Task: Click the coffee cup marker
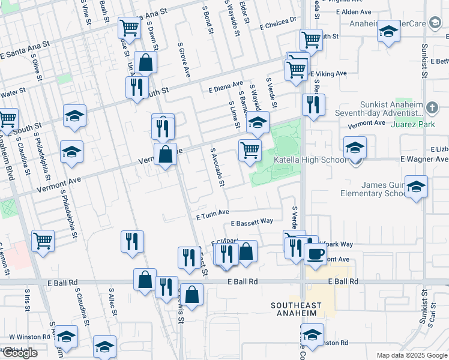click(x=315, y=253)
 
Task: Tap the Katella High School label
click(x=310, y=160)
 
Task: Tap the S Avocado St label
click(x=217, y=166)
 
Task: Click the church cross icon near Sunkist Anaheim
click(x=432, y=108)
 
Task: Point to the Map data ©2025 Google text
click(x=412, y=355)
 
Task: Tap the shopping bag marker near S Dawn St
click(x=145, y=62)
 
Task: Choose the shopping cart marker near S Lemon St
click(x=43, y=241)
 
